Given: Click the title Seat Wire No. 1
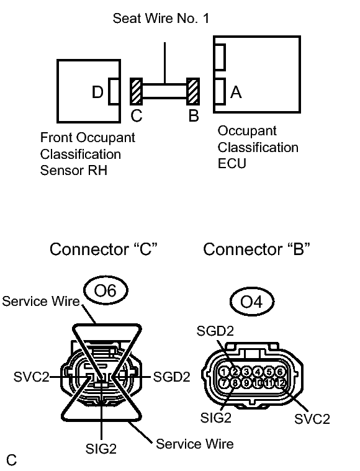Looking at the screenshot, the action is (161, 19).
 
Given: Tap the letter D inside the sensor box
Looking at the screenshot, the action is (97, 92).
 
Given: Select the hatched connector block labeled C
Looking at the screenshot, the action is (136, 91).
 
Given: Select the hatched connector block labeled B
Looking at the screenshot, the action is (193, 91).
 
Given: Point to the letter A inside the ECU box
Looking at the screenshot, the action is (236, 92).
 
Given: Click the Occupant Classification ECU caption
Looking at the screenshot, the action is (258, 147).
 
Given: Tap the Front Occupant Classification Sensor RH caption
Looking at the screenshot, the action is (88, 154).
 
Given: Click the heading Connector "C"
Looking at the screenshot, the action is (104, 249).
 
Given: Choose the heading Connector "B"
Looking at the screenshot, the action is (256, 249).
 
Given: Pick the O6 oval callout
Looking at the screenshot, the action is (106, 290).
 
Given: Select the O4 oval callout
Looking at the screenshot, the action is (252, 302).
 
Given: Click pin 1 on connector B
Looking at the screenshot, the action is (224, 372).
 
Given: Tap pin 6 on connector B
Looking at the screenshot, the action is (280, 372).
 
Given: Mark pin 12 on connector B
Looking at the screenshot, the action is (281, 383).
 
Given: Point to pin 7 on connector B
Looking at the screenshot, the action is (224, 383).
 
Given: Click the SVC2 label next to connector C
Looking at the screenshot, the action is (31, 377).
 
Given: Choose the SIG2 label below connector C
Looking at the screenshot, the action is (101, 449).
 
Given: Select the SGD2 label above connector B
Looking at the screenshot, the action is (215, 331).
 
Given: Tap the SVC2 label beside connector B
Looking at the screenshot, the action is (312, 419).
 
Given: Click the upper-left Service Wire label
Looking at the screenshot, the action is (41, 302).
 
